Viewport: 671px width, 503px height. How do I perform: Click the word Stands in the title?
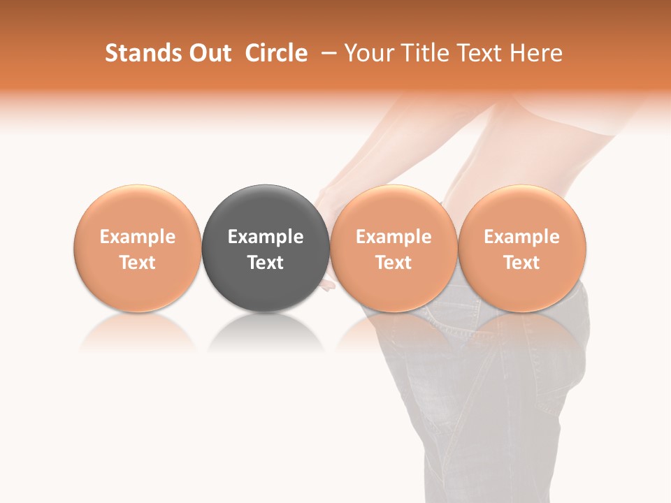point(141,53)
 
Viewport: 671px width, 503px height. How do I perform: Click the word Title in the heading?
point(422,53)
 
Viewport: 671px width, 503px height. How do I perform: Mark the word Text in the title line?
point(475,53)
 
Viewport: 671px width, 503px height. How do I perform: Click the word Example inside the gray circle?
point(266,237)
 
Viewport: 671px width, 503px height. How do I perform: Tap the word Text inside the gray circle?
point(266,263)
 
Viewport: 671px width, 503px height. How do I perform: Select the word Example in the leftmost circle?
point(137,237)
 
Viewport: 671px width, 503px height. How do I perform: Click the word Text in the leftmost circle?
point(137,263)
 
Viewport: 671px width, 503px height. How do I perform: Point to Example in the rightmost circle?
point(521,237)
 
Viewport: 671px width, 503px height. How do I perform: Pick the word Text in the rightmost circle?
point(521,263)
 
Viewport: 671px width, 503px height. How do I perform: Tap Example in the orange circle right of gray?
point(394,237)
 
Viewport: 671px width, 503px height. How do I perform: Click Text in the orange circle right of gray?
point(394,263)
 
